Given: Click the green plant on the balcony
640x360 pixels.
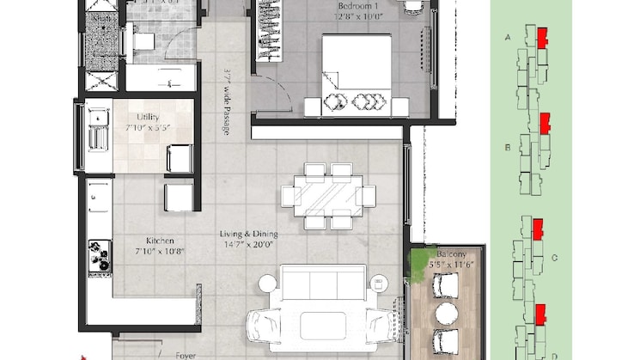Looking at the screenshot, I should [x=420, y=258].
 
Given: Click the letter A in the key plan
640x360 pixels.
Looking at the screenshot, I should [x=507, y=38].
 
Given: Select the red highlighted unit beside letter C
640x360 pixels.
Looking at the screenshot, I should [x=539, y=228].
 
